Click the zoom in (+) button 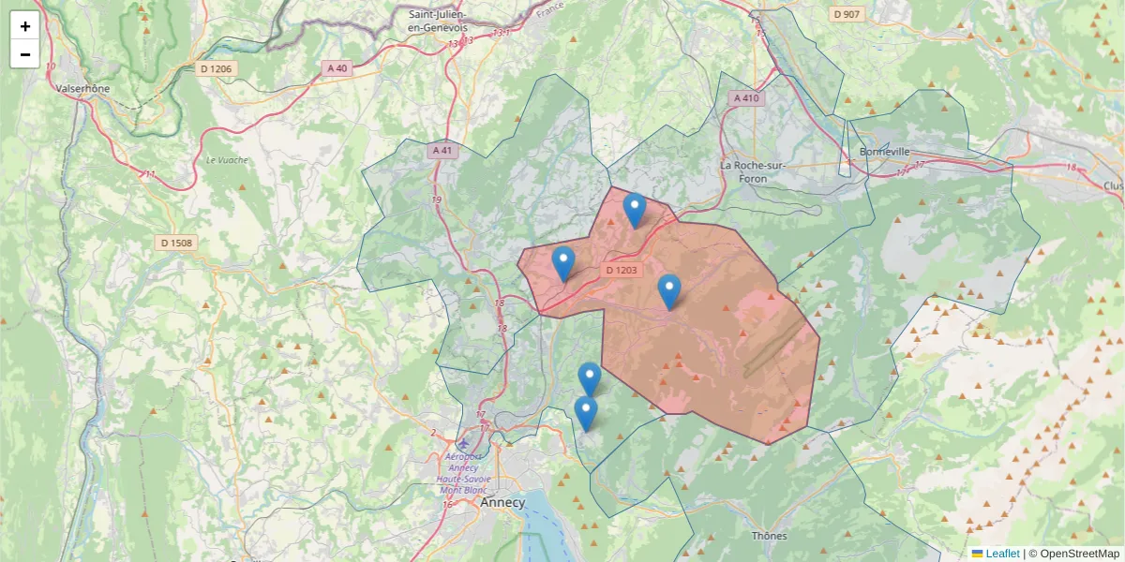(x=25, y=26)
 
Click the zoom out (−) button (x=25, y=54)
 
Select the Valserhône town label (x=82, y=89)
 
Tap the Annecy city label (x=502, y=502)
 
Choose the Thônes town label (x=770, y=536)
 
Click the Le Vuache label (x=227, y=160)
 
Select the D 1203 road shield (x=621, y=271)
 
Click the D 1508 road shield (x=176, y=244)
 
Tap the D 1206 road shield (x=217, y=68)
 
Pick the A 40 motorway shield (x=337, y=68)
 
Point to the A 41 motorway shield (x=442, y=150)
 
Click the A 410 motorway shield (x=747, y=98)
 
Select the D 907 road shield (x=847, y=14)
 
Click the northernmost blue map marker (x=635, y=209)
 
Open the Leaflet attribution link (x=1002, y=554)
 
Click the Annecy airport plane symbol (x=464, y=442)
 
